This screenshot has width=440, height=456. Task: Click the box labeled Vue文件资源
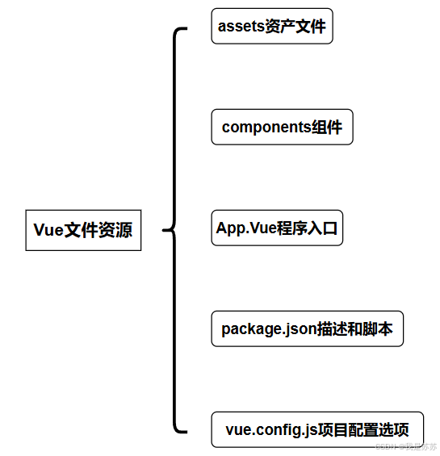[83, 229]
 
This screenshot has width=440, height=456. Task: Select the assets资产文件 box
[271, 26]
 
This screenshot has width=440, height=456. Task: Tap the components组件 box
[282, 128]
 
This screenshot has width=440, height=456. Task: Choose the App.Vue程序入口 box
[278, 228]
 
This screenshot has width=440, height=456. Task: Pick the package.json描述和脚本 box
[307, 329]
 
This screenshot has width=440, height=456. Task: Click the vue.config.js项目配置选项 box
[317, 430]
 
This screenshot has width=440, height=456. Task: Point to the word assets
[241, 26]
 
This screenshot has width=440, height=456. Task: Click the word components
[266, 128]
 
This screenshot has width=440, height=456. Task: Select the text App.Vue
[246, 228]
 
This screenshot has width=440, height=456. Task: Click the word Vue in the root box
[48, 229]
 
